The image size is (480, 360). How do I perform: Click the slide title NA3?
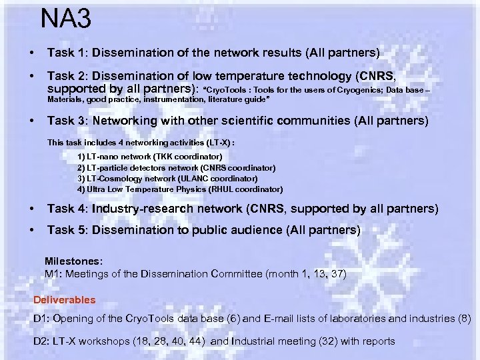pyautogui.click(x=65, y=19)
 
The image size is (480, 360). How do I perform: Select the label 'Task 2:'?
pyautogui.click(x=66, y=77)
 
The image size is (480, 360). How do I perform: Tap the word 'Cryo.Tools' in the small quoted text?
pyautogui.click(x=225, y=89)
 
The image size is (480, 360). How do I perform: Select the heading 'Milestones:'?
pyautogui.click(x=73, y=261)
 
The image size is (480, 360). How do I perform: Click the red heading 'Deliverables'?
pyautogui.click(x=65, y=300)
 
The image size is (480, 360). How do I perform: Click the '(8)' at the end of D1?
pyautogui.click(x=464, y=319)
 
